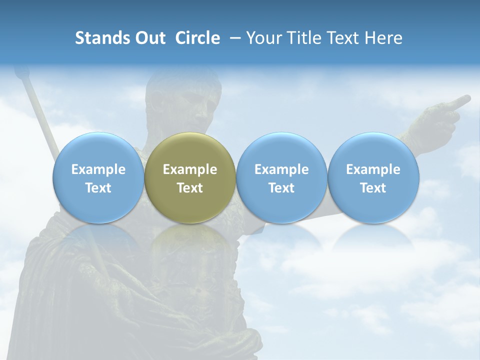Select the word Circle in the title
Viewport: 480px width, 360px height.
[197, 38]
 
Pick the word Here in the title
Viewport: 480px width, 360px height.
[383, 38]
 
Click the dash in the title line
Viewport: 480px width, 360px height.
[233, 38]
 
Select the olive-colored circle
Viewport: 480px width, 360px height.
[190, 177]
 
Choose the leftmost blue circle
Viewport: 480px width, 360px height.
[98, 177]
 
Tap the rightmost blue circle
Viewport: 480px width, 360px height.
[373, 177]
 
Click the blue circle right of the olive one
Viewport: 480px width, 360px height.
[281, 177]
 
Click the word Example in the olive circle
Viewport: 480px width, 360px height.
[190, 169]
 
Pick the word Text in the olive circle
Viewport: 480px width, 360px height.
[190, 188]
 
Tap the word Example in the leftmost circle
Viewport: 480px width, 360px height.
[98, 169]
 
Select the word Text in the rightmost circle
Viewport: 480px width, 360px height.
[373, 188]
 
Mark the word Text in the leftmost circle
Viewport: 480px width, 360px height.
[98, 188]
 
